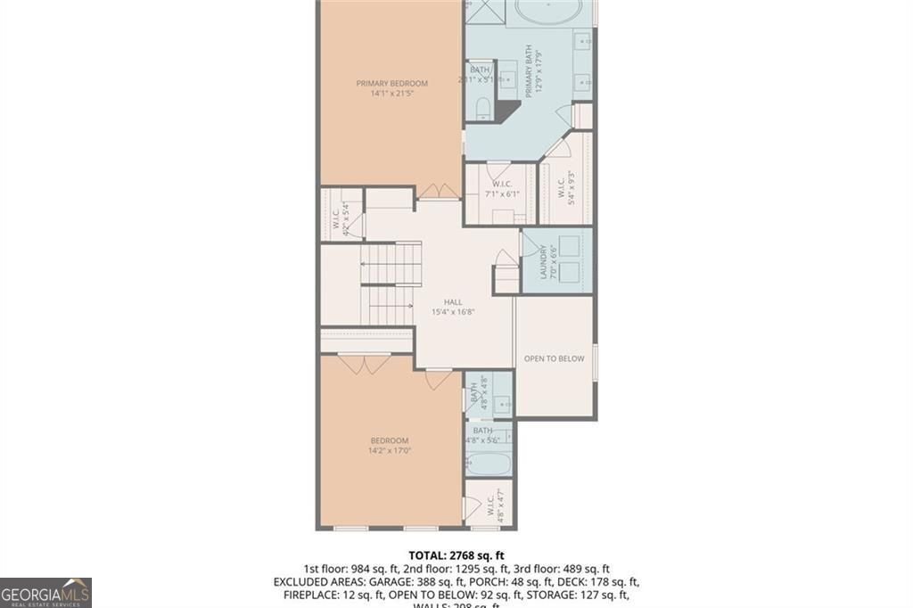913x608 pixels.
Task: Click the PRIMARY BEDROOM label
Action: coord(391,84)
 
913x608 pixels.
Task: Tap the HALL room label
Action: coord(452,301)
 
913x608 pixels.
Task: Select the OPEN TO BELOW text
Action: coord(554,358)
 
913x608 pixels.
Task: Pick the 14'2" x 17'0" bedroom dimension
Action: coord(390,451)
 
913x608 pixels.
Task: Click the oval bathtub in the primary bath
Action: coord(549,12)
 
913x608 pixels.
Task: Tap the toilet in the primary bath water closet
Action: coord(481,109)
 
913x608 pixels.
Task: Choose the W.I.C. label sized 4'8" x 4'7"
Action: coord(490,506)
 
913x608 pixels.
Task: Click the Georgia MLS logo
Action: coord(45,592)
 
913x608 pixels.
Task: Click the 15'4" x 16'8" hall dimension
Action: coord(452,312)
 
